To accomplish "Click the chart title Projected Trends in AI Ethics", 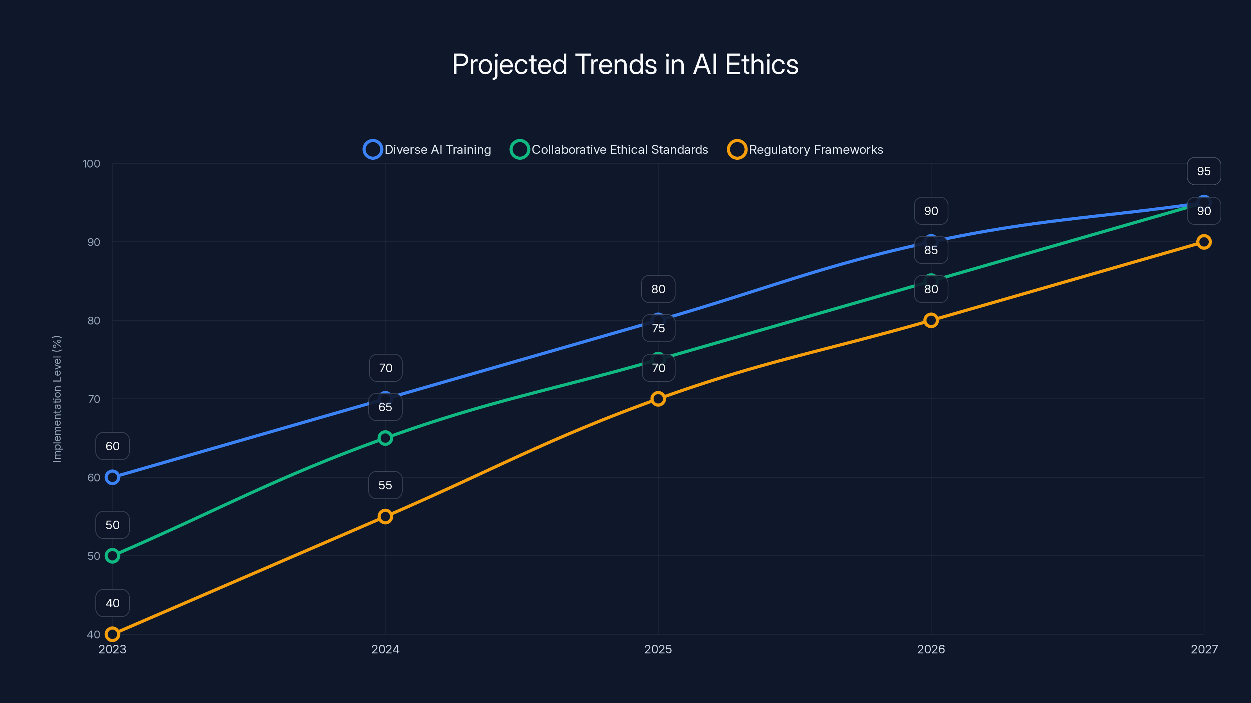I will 625,64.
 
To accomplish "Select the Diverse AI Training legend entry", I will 427,150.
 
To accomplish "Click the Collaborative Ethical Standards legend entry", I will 609,150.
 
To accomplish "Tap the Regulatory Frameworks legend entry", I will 805,150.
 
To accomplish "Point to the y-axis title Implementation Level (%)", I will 57,399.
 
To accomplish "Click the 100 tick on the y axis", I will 91,164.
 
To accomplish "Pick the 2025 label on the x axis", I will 658,649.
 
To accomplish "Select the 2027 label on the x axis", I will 1204,649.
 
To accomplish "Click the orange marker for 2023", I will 112,634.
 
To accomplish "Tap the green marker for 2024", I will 385,438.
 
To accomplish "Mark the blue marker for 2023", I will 112,477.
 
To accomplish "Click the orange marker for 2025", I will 658,399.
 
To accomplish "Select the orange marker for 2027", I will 1204,242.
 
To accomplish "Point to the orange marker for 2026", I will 931,320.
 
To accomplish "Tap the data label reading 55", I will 385,485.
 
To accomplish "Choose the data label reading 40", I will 112,603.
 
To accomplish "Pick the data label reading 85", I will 931,250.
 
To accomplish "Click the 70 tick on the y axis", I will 93,399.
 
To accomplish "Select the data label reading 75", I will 658,328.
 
